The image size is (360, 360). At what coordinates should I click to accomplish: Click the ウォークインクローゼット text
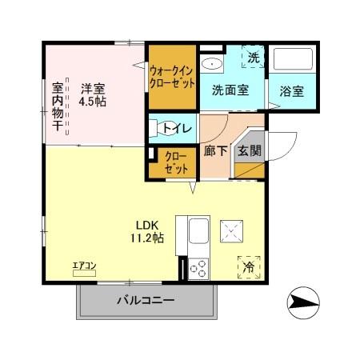coord(172,76)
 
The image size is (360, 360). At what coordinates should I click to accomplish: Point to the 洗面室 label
coord(230,90)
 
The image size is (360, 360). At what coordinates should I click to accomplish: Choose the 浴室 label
coord(292,90)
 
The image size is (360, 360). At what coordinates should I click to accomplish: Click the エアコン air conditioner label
coord(84,266)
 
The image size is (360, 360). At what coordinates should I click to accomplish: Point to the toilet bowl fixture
coord(156,126)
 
